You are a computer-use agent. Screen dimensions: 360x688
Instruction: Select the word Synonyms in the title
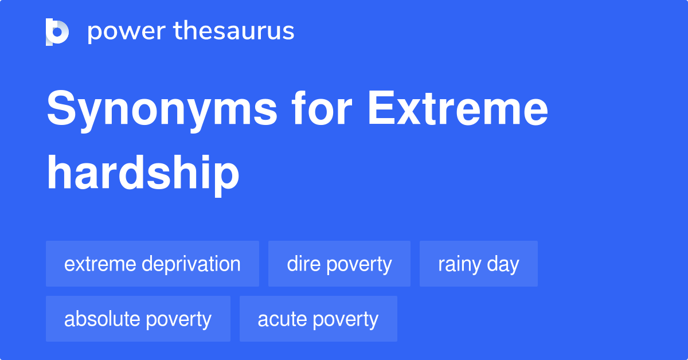tap(162, 110)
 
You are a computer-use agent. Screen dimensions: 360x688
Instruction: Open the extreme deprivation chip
tap(153, 264)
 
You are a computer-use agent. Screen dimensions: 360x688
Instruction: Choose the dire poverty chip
tap(339, 264)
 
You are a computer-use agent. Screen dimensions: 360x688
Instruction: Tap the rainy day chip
tap(479, 264)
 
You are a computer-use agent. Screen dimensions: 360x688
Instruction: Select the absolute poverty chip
tap(138, 319)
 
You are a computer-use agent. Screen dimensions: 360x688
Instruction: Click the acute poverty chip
tap(318, 319)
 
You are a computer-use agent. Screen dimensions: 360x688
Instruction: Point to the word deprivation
tap(191, 264)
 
